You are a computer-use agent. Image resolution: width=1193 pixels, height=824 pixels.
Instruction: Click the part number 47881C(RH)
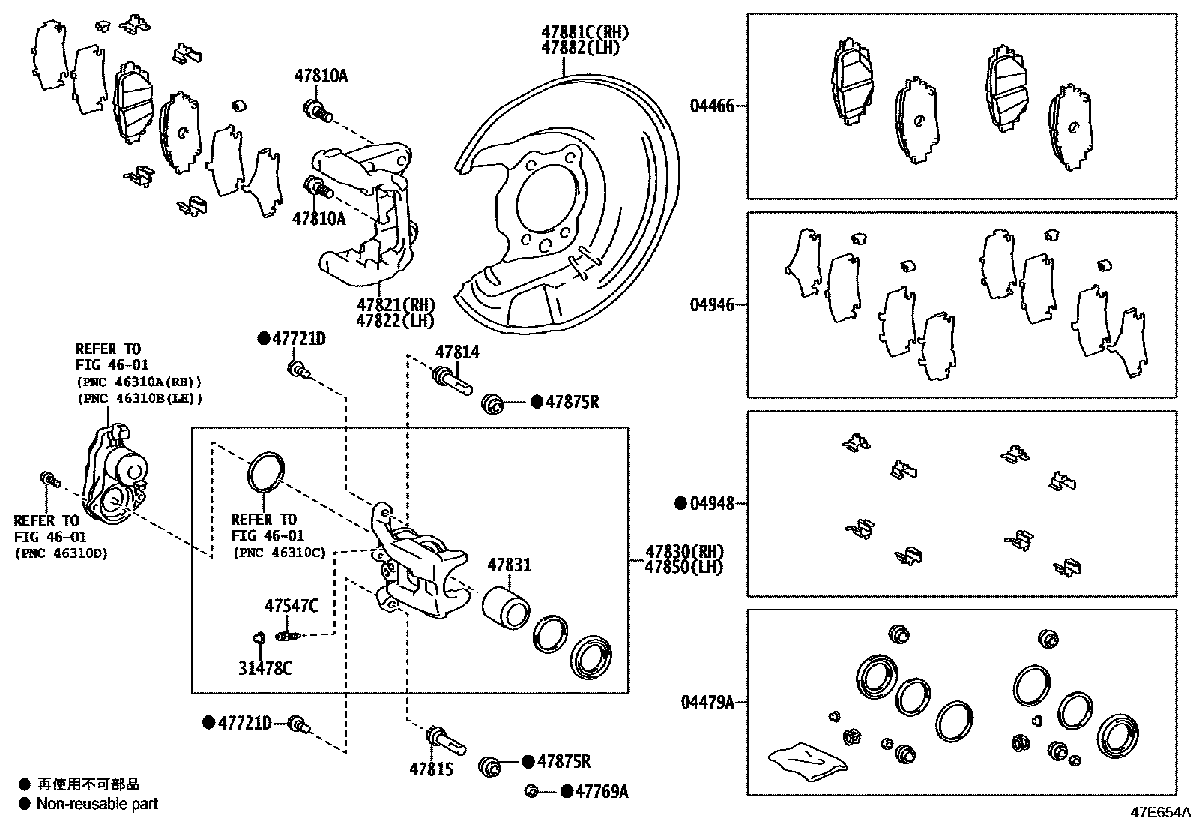(x=585, y=32)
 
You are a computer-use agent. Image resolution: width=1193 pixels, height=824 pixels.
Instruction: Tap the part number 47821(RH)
(x=396, y=305)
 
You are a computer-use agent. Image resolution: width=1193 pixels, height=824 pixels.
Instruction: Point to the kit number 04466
(x=712, y=106)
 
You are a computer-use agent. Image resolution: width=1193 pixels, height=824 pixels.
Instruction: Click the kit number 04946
(x=712, y=305)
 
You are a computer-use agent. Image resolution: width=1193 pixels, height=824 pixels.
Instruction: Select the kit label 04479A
(x=707, y=703)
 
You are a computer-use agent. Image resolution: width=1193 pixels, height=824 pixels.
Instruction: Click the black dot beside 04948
(x=680, y=503)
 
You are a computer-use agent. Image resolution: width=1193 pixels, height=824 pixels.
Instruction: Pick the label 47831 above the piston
(x=510, y=565)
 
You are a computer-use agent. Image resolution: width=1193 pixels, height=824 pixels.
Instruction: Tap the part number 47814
(x=457, y=352)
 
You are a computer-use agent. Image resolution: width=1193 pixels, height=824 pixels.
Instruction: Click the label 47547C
(x=291, y=605)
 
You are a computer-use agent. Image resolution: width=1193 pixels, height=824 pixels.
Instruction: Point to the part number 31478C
(x=265, y=668)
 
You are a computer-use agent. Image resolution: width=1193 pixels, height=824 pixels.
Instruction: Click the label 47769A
(x=602, y=791)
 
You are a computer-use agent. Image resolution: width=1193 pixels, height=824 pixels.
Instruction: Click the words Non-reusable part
(x=97, y=804)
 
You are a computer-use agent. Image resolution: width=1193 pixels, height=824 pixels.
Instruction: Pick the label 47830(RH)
(x=683, y=552)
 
